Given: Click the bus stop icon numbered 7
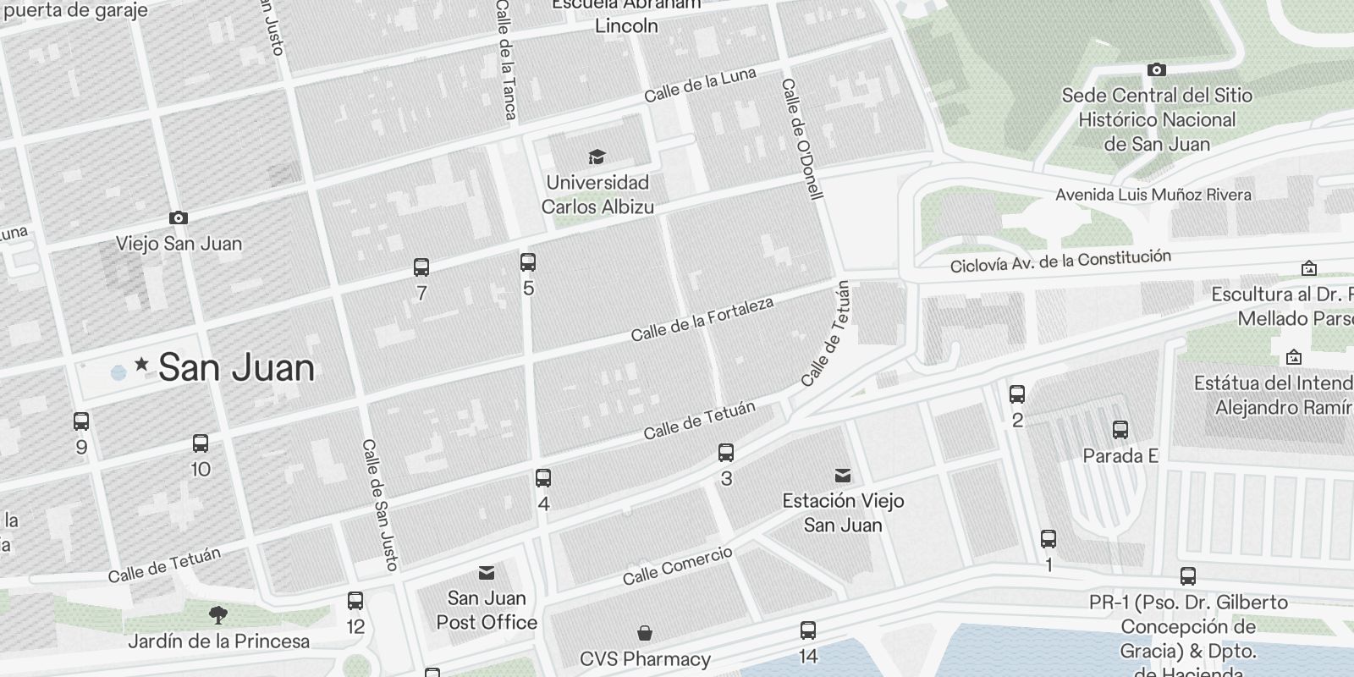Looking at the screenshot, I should tap(421, 267).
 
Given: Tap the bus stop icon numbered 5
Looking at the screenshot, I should tap(528, 262).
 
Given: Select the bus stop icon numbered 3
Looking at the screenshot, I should tap(726, 453).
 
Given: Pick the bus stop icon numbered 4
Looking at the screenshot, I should tap(543, 478).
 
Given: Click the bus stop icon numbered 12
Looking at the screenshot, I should tap(355, 601).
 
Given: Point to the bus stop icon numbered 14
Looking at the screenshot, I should tap(808, 630).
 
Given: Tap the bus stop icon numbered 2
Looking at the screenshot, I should tap(1017, 394).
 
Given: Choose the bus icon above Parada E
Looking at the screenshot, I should tap(1120, 430).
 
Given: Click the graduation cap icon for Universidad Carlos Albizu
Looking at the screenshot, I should tap(597, 157).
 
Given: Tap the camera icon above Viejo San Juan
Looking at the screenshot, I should tap(178, 218).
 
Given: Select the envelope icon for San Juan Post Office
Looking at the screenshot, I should tap(487, 573).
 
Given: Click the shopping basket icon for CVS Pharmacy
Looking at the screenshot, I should tap(645, 633).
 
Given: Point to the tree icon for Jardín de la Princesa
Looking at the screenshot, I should tap(218, 614).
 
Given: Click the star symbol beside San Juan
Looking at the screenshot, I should tap(141, 365).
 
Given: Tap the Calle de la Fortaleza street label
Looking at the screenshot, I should tap(702, 319).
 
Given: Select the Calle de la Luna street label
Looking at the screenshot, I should tap(700, 85).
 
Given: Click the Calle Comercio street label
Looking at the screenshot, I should tap(677, 566).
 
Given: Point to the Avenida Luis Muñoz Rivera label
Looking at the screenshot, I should tap(1153, 195).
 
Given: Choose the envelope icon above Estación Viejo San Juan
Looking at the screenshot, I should tap(843, 475).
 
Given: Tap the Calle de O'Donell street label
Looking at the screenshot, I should tap(801, 140).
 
